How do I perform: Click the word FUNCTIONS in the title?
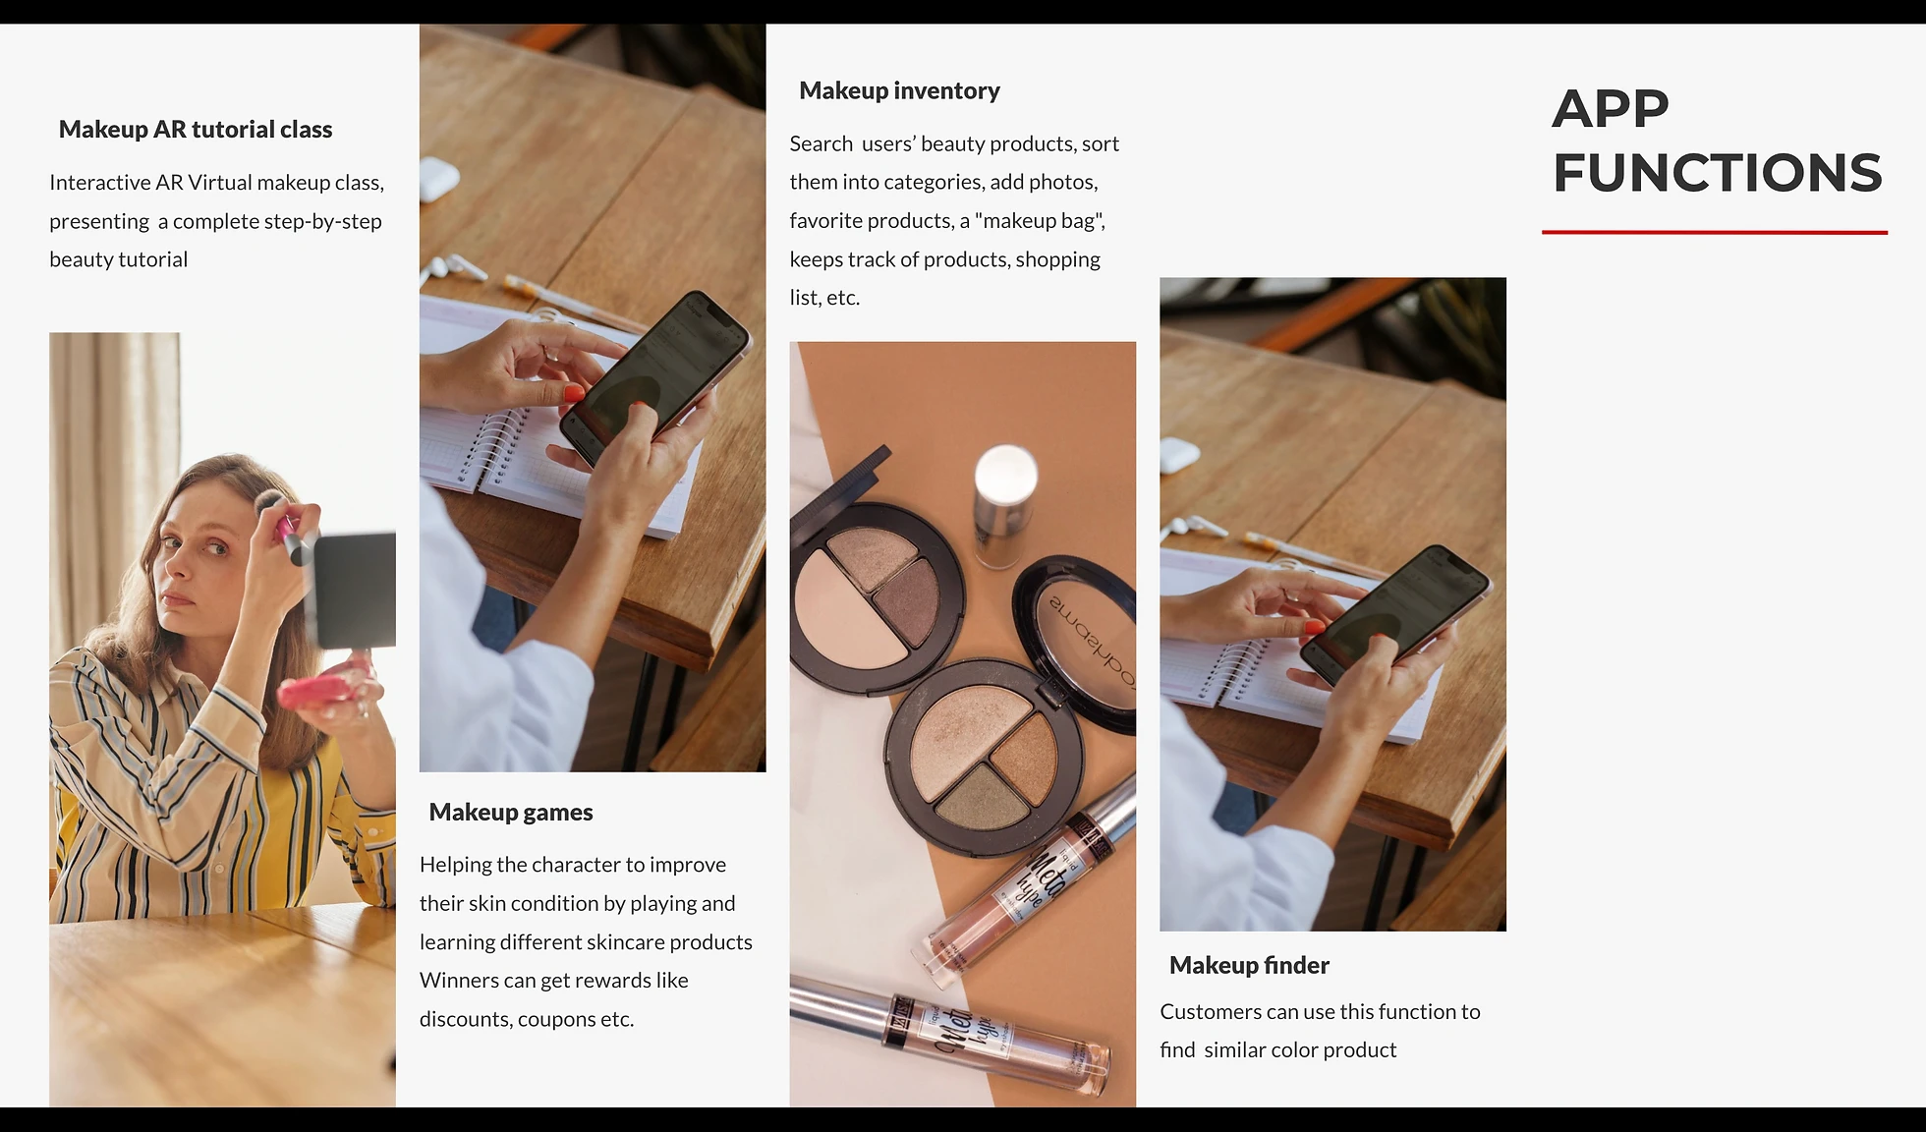pos(1717,173)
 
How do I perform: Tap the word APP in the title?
pos(1611,108)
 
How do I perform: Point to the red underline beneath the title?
pos(1715,232)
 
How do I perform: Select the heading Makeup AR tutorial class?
pos(196,129)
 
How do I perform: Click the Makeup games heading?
pos(511,812)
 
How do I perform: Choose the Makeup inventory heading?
pos(899,90)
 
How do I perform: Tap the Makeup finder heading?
pos(1249,965)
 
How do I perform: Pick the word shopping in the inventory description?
pos(1057,259)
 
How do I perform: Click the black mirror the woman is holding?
pos(354,590)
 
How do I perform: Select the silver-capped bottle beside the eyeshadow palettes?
pos(1003,504)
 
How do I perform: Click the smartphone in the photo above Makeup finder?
pos(1395,614)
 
